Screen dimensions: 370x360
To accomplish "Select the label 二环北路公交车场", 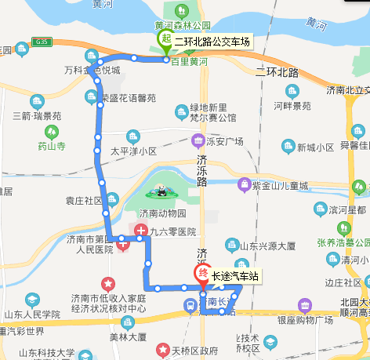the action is point(212,41).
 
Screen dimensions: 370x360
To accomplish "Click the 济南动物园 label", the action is point(162,213).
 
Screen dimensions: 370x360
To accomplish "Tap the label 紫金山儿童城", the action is point(280,186).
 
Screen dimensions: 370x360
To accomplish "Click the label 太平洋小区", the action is point(133,151).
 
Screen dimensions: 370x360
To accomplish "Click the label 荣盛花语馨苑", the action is point(129,99).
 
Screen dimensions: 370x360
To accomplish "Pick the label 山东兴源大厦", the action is point(272,246).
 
